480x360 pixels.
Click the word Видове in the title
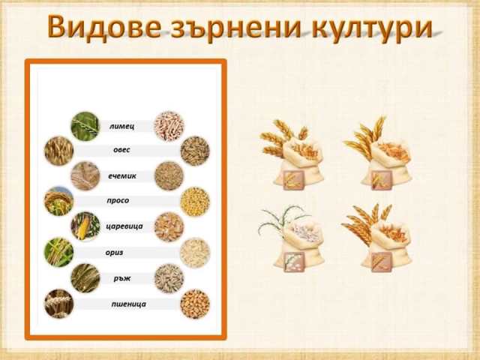pyautogui.click(x=103, y=27)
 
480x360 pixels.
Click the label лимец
pyautogui.click(x=121, y=126)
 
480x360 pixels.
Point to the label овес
pyautogui.click(x=121, y=150)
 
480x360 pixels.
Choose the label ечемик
pyautogui.click(x=122, y=176)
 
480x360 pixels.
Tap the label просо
pyautogui.click(x=118, y=200)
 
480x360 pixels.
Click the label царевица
pyautogui.click(x=124, y=226)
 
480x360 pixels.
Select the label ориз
pyautogui.click(x=114, y=253)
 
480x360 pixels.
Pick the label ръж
pyautogui.click(x=122, y=278)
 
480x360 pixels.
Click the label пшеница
pyautogui.click(x=128, y=304)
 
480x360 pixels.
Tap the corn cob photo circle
pyautogui.click(x=85, y=226)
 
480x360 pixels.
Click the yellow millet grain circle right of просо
pyautogui.click(x=195, y=202)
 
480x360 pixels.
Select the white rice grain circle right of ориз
pyautogui.click(x=195, y=253)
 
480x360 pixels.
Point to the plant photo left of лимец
pyautogui.click(x=85, y=126)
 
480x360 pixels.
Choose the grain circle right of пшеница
pyautogui.click(x=195, y=304)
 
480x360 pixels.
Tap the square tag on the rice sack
pyautogui.click(x=293, y=262)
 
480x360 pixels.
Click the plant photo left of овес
pyautogui.click(x=58, y=151)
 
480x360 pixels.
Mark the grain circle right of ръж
pyautogui.click(x=169, y=278)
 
